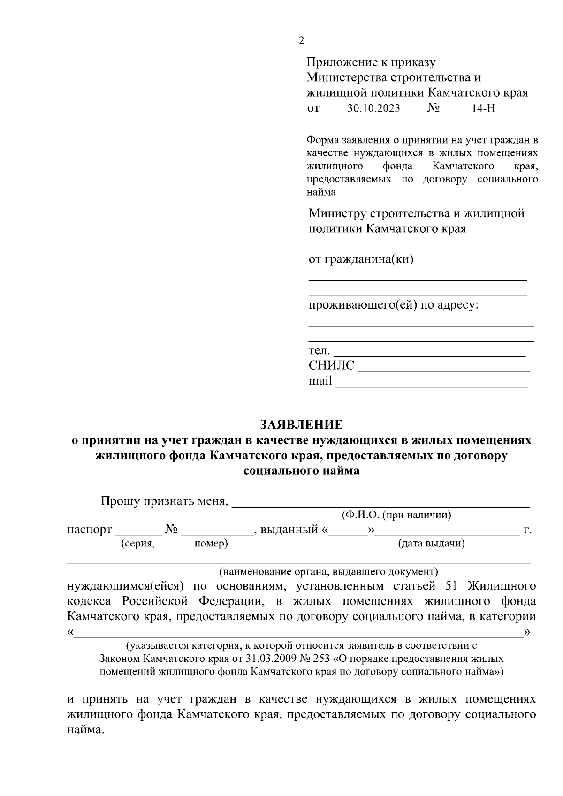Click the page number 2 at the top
(301, 40)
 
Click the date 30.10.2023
(373, 109)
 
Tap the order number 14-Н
(483, 109)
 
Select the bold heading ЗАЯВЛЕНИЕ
(301, 425)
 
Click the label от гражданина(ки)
(361, 259)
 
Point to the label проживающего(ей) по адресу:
(393, 305)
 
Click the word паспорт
(90, 530)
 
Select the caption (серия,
(137, 544)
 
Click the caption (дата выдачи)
(431, 544)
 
